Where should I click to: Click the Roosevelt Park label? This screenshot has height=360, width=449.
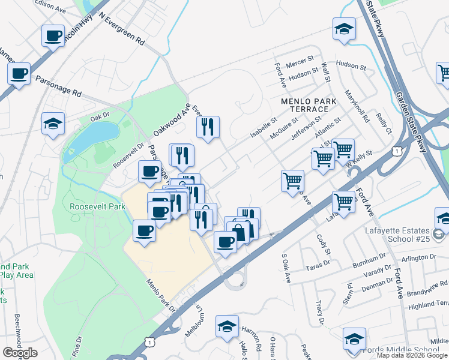97,206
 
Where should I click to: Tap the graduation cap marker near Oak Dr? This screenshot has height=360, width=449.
53,124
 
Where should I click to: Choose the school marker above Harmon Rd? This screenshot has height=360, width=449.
228,326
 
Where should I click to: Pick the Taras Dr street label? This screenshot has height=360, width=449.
319,265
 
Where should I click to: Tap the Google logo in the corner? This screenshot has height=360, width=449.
20,353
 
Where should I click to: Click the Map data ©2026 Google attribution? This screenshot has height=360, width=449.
412,355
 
